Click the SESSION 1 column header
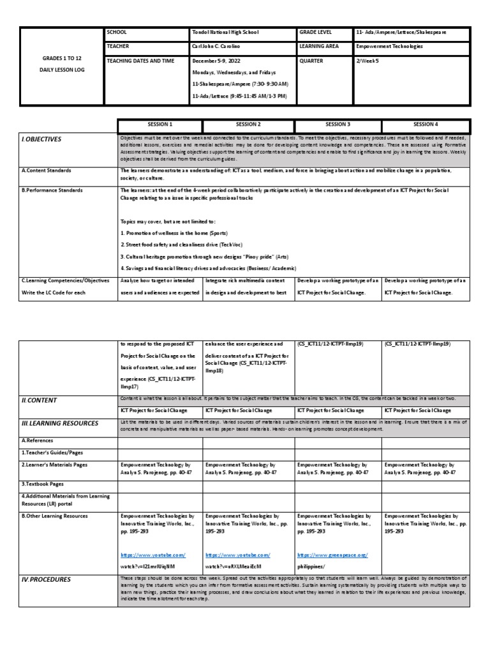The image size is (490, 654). click(160, 125)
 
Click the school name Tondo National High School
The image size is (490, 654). click(225, 32)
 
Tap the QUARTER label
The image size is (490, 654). click(312, 61)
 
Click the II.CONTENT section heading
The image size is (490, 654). click(40, 400)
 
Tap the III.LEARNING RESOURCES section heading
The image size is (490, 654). click(60, 423)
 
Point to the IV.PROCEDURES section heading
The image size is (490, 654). click(46, 579)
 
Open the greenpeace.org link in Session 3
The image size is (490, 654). click(332, 555)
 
